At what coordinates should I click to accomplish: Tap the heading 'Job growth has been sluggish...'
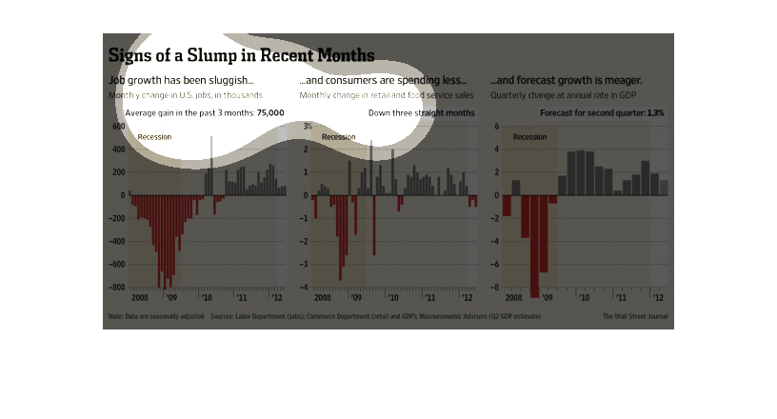tap(181, 80)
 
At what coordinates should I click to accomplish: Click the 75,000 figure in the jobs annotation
tap(270, 112)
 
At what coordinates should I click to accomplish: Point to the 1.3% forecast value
tap(655, 112)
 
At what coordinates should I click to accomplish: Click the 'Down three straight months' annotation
tap(421, 112)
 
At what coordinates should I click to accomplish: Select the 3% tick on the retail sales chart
tap(307, 127)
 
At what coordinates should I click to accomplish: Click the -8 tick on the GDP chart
tap(495, 288)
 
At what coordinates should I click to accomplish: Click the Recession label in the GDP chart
tap(529, 137)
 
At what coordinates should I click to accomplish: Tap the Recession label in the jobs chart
tap(154, 137)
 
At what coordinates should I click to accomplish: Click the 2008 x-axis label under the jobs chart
tap(139, 297)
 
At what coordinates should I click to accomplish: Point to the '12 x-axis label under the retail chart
tap(466, 297)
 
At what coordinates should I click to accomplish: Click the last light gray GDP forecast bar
tap(664, 188)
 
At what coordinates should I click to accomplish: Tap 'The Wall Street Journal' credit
tap(635, 315)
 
